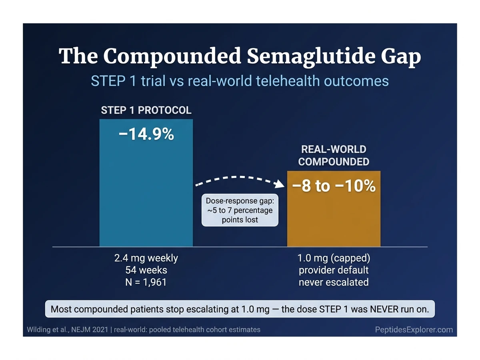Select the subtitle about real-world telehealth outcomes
tap(240, 81)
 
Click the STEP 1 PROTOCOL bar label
tap(146, 110)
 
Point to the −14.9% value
tap(146, 135)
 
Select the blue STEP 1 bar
tap(146, 192)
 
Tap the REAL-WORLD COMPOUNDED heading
tap(334, 156)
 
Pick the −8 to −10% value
tap(334, 186)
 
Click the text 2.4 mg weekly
tap(146, 258)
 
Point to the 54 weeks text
tap(146, 270)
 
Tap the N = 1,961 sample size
tap(146, 282)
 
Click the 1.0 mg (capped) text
tap(334, 258)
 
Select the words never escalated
tap(334, 282)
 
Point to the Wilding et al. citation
tap(68, 330)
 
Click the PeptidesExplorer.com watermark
tap(414, 330)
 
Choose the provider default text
tap(334, 270)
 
